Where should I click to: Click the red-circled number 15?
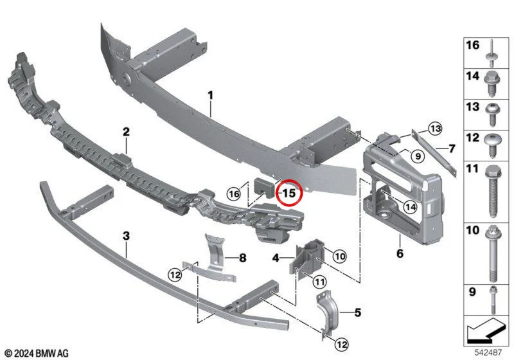[x=290, y=193]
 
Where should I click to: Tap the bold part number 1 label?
[x=211, y=95]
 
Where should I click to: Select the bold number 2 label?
[x=126, y=132]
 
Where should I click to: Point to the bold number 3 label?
[x=126, y=236]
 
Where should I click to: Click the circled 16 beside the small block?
[x=234, y=194]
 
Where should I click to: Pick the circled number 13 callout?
[x=436, y=129]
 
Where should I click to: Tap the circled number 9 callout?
[x=418, y=156]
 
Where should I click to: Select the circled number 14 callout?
[x=411, y=207]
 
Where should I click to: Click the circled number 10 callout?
[x=340, y=256]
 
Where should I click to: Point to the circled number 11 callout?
[x=320, y=282]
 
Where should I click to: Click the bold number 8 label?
[x=243, y=258]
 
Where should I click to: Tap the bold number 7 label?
[x=452, y=148]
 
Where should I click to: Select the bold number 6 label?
[x=400, y=253]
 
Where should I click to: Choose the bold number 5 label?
[x=358, y=312]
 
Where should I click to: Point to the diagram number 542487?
[x=488, y=352]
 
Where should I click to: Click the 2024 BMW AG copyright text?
[x=37, y=353]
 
